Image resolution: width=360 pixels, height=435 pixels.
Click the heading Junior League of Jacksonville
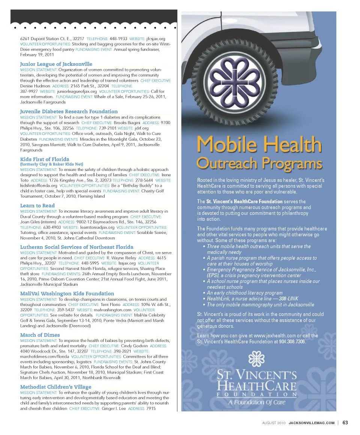[x=56, y=64]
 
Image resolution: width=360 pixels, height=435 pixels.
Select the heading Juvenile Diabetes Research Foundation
[x=69, y=111]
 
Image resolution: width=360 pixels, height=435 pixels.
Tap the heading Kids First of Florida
[x=44, y=159]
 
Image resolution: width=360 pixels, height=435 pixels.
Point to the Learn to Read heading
[x=37, y=205]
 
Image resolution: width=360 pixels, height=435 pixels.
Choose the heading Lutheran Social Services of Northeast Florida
[x=76, y=247]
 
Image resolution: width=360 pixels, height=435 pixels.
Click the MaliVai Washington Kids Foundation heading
[x=67, y=294]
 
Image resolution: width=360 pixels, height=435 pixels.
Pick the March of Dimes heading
[x=40, y=335]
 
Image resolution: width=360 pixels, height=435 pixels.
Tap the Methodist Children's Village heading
[x=55, y=387]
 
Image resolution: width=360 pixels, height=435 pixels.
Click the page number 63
[x=345, y=423]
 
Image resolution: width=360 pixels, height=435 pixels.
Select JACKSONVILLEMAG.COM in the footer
[x=311, y=423]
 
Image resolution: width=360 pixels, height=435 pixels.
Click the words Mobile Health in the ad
[x=259, y=144]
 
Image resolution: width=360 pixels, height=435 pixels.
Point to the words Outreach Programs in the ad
[x=259, y=163]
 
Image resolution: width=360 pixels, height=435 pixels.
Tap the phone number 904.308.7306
[x=292, y=342]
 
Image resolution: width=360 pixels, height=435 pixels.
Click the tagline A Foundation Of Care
[x=257, y=402]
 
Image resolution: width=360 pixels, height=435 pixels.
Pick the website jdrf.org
[x=141, y=128]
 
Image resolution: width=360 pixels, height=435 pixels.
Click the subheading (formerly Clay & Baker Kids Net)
[x=51, y=164]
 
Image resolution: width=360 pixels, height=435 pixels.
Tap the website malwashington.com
[x=112, y=310]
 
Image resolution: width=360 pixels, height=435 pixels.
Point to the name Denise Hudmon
[x=34, y=86]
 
